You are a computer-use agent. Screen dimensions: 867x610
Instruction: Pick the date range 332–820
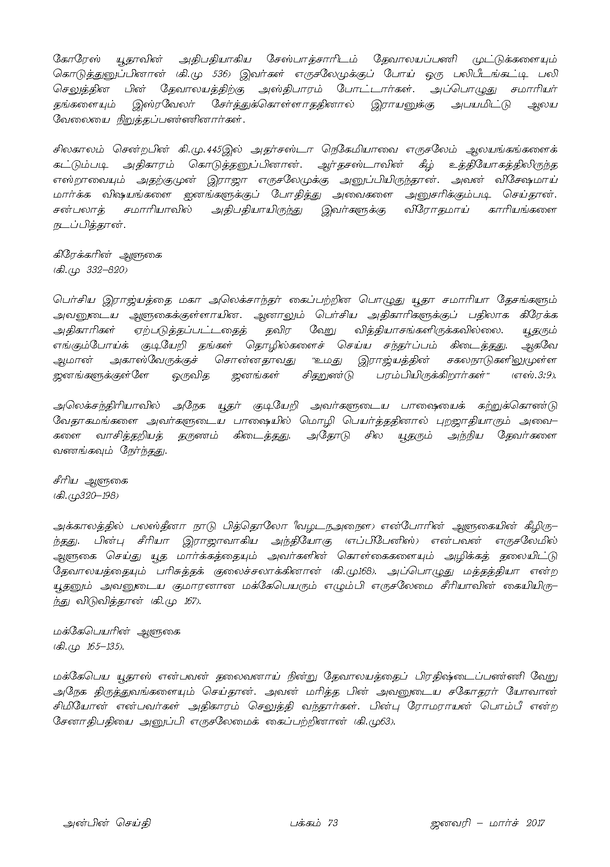click(x=105, y=270)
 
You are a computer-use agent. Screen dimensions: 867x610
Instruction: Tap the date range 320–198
click(x=98, y=495)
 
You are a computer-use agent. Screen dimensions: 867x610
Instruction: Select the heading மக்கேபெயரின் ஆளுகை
click(x=117, y=631)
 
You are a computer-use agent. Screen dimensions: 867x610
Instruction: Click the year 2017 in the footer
click(x=533, y=823)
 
